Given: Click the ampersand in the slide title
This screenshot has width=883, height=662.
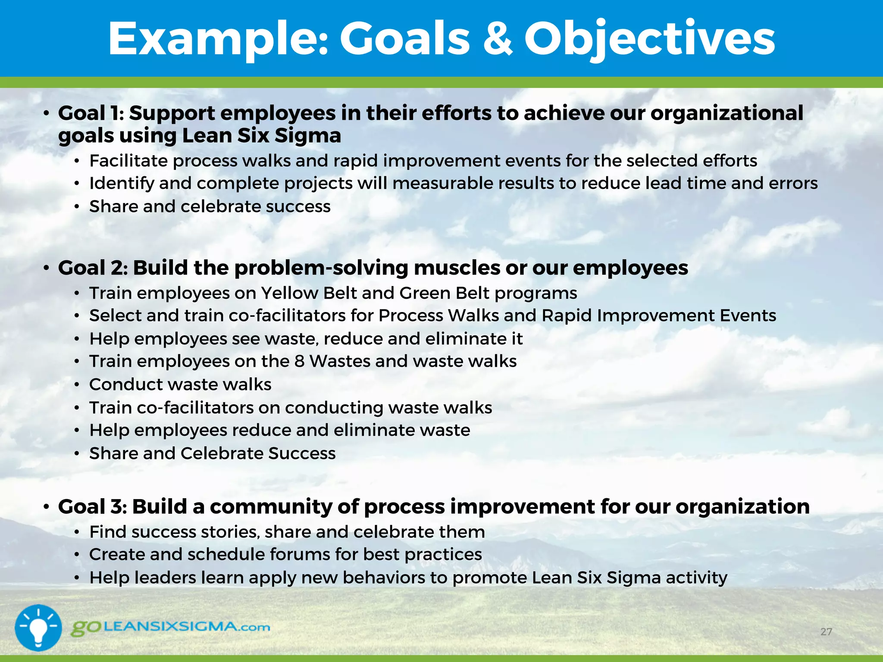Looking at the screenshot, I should (497, 40).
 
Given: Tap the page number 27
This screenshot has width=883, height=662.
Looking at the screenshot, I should (826, 632).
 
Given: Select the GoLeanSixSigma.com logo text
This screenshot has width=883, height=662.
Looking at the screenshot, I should (171, 627).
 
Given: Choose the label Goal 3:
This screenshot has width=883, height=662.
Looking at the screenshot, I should (92, 507).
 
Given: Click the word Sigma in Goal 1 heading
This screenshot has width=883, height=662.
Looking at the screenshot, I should (308, 136).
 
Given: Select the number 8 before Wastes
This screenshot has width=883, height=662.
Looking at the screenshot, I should (299, 362).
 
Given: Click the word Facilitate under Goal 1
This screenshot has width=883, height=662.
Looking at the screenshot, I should (128, 161).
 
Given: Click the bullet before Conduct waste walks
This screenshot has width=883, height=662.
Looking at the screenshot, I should (77, 385).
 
